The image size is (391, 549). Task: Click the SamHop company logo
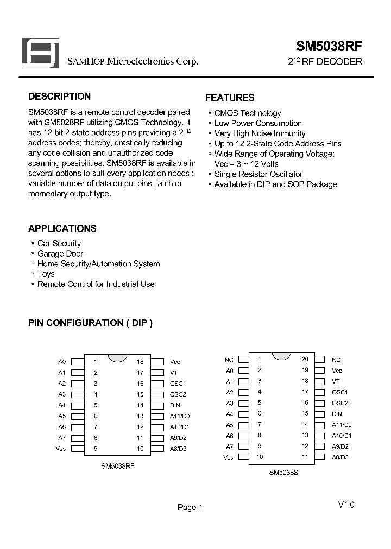pyautogui.click(x=40, y=53)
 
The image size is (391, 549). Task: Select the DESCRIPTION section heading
pyautogui.click(x=59, y=97)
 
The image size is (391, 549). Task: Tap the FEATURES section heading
pyautogui.click(x=230, y=98)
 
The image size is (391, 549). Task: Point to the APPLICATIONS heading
pyautogui.click(x=62, y=228)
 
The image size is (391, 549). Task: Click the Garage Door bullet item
pyautogui.click(x=60, y=254)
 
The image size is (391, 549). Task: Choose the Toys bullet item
pyautogui.click(x=46, y=274)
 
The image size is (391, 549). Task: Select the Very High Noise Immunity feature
pyautogui.click(x=260, y=133)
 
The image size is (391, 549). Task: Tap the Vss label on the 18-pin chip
pyautogui.click(x=61, y=449)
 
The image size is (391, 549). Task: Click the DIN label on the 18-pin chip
pyautogui.click(x=174, y=405)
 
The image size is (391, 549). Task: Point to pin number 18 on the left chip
pyautogui.click(x=140, y=362)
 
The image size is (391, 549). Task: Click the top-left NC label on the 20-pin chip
pyautogui.click(x=229, y=360)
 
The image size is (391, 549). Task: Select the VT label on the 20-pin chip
pyautogui.click(x=336, y=381)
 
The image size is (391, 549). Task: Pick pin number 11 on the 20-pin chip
pyautogui.click(x=305, y=457)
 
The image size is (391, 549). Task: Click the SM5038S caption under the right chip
pyautogui.click(x=283, y=473)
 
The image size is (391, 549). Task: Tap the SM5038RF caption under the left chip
pyautogui.click(x=117, y=466)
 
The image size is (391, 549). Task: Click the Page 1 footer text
pyautogui.click(x=190, y=507)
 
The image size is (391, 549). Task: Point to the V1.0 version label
pyautogui.click(x=346, y=505)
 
